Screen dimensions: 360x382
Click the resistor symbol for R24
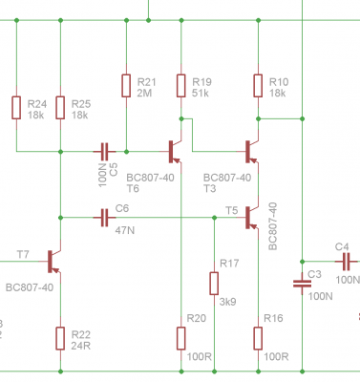point(16,108)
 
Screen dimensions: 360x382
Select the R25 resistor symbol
point(60,108)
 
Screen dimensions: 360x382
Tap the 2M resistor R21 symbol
point(126,86)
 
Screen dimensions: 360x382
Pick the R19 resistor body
point(181,86)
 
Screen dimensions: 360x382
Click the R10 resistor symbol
point(258,86)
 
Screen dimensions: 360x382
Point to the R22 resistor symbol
point(60,338)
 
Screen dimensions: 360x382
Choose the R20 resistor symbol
point(181,338)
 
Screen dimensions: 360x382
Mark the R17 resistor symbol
point(214,284)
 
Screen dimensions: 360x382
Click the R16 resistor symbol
point(258,338)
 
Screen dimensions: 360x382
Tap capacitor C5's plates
point(104,152)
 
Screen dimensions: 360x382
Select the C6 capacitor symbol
point(104,218)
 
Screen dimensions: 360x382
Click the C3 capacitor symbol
point(302,284)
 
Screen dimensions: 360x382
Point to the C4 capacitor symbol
point(346,262)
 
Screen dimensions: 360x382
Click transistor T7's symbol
point(53,262)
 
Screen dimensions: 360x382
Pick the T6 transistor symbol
point(174,152)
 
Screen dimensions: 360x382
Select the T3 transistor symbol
point(251,152)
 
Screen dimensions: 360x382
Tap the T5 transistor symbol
point(251,218)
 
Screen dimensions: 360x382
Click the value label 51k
point(201,94)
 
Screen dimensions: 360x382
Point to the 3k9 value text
point(227,302)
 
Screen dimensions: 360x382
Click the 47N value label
point(125,230)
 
